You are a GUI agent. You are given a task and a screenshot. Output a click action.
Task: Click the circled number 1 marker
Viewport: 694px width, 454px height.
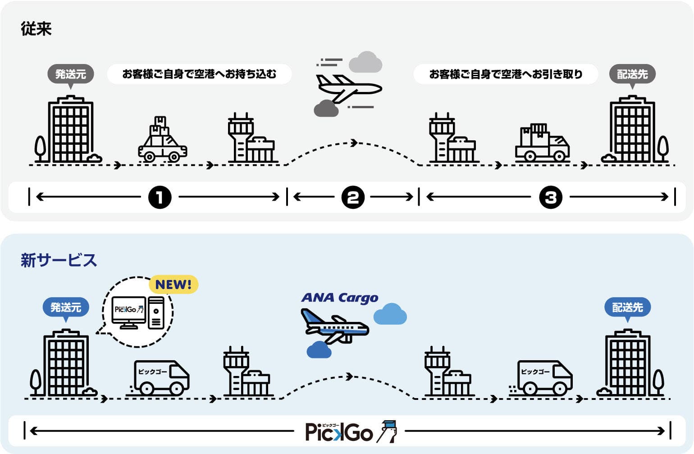(160, 197)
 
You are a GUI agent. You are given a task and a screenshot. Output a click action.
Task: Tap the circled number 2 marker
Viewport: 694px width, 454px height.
(352, 197)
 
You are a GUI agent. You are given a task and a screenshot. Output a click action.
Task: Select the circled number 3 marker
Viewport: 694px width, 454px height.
(551, 197)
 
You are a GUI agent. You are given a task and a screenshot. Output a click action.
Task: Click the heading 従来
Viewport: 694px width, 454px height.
(36, 29)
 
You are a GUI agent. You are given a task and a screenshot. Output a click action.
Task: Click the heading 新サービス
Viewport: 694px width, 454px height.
(59, 260)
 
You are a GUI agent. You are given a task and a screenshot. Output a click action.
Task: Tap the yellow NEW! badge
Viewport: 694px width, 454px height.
(173, 284)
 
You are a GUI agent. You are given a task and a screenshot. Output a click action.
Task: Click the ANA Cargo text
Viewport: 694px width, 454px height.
(340, 298)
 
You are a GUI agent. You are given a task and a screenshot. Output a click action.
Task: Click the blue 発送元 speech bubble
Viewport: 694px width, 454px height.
(66, 308)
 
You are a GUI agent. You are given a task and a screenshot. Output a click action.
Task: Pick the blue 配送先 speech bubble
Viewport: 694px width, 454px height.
(627, 308)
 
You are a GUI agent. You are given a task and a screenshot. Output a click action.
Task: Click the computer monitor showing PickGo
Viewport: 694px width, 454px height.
(129, 311)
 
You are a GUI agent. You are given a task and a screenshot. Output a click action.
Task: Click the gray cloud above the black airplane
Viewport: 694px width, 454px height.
(365, 62)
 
